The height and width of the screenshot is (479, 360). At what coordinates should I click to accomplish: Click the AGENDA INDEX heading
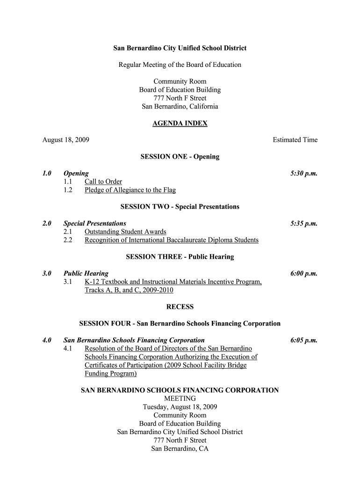[x=180, y=123]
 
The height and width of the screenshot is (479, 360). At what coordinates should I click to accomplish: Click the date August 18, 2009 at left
[x=66, y=140]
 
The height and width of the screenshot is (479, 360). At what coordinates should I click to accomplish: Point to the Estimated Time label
[x=295, y=140]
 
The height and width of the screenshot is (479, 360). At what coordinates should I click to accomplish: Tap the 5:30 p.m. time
[x=304, y=173]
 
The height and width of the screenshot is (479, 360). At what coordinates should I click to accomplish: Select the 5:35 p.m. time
[x=304, y=224]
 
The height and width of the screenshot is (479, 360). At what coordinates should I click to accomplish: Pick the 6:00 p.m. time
[x=304, y=274]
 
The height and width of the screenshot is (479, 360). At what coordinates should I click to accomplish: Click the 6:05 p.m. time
[x=304, y=341]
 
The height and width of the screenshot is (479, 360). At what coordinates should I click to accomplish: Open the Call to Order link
[x=103, y=181]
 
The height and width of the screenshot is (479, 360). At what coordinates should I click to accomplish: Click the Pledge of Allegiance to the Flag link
[x=130, y=190]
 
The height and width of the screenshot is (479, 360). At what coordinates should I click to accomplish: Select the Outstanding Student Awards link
[x=125, y=232]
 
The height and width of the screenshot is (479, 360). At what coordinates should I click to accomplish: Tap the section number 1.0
[x=46, y=173]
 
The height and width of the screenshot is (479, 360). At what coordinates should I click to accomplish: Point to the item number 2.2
[x=68, y=240]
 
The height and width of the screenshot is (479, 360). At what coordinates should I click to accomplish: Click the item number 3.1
[x=68, y=282]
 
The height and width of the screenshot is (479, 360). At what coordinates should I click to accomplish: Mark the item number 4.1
[x=68, y=349]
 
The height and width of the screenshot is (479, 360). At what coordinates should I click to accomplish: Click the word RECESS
[x=180, y=307]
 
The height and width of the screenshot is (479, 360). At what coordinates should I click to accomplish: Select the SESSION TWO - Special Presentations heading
[x=180, y=207]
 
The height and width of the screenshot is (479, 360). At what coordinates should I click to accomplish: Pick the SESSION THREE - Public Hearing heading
[x=180, y=257]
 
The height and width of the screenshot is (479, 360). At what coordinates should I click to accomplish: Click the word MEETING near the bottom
[x=180, y=399]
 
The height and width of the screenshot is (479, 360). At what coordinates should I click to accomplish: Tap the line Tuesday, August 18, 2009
[x=180, y=407]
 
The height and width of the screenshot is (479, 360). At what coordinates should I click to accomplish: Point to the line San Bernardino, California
[x=180, y=107]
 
